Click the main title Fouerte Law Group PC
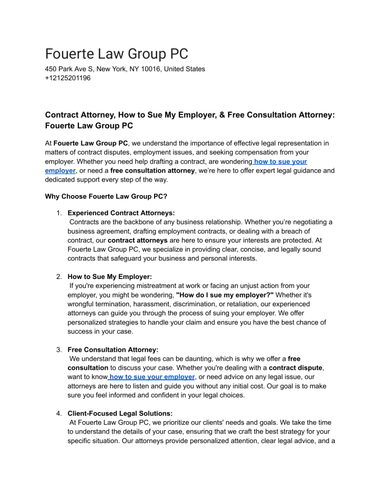point(116,53)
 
